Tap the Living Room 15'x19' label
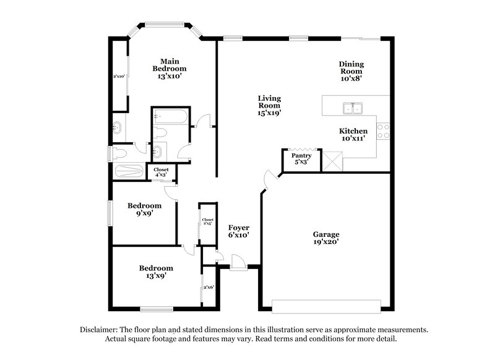(270, 106)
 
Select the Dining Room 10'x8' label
(351, 71)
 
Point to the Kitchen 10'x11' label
(353, 135)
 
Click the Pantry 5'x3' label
(301, 159)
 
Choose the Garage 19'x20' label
(326, 238)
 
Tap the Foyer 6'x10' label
(238, 231)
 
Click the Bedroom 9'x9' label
(144, 209)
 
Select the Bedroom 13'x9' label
(156, 272)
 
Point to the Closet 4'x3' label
(161, 171)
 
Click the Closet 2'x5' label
(207, 221)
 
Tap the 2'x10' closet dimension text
(119, 77)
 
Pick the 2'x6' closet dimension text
(209, 287)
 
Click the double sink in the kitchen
(353, 109)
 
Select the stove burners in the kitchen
(384, 131)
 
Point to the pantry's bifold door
(302, 149)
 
